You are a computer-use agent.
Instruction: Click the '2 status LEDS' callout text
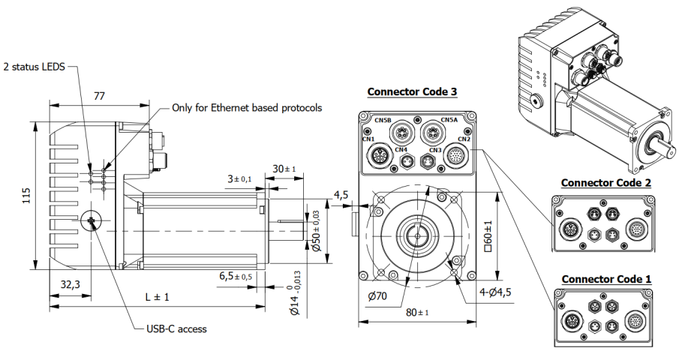coord(34,67)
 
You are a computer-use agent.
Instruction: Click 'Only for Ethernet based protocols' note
coord(247,108)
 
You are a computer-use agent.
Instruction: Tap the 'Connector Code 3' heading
coord(412,91)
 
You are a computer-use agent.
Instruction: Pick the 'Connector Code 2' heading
coord(605,182)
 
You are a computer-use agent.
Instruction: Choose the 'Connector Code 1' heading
coord(605,279)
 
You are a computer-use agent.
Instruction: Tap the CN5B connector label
coord(382,119)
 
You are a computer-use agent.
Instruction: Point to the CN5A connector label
coord(449,119)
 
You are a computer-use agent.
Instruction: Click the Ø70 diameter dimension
coord(377,296)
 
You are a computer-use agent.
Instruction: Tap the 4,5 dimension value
coord(341,196)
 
